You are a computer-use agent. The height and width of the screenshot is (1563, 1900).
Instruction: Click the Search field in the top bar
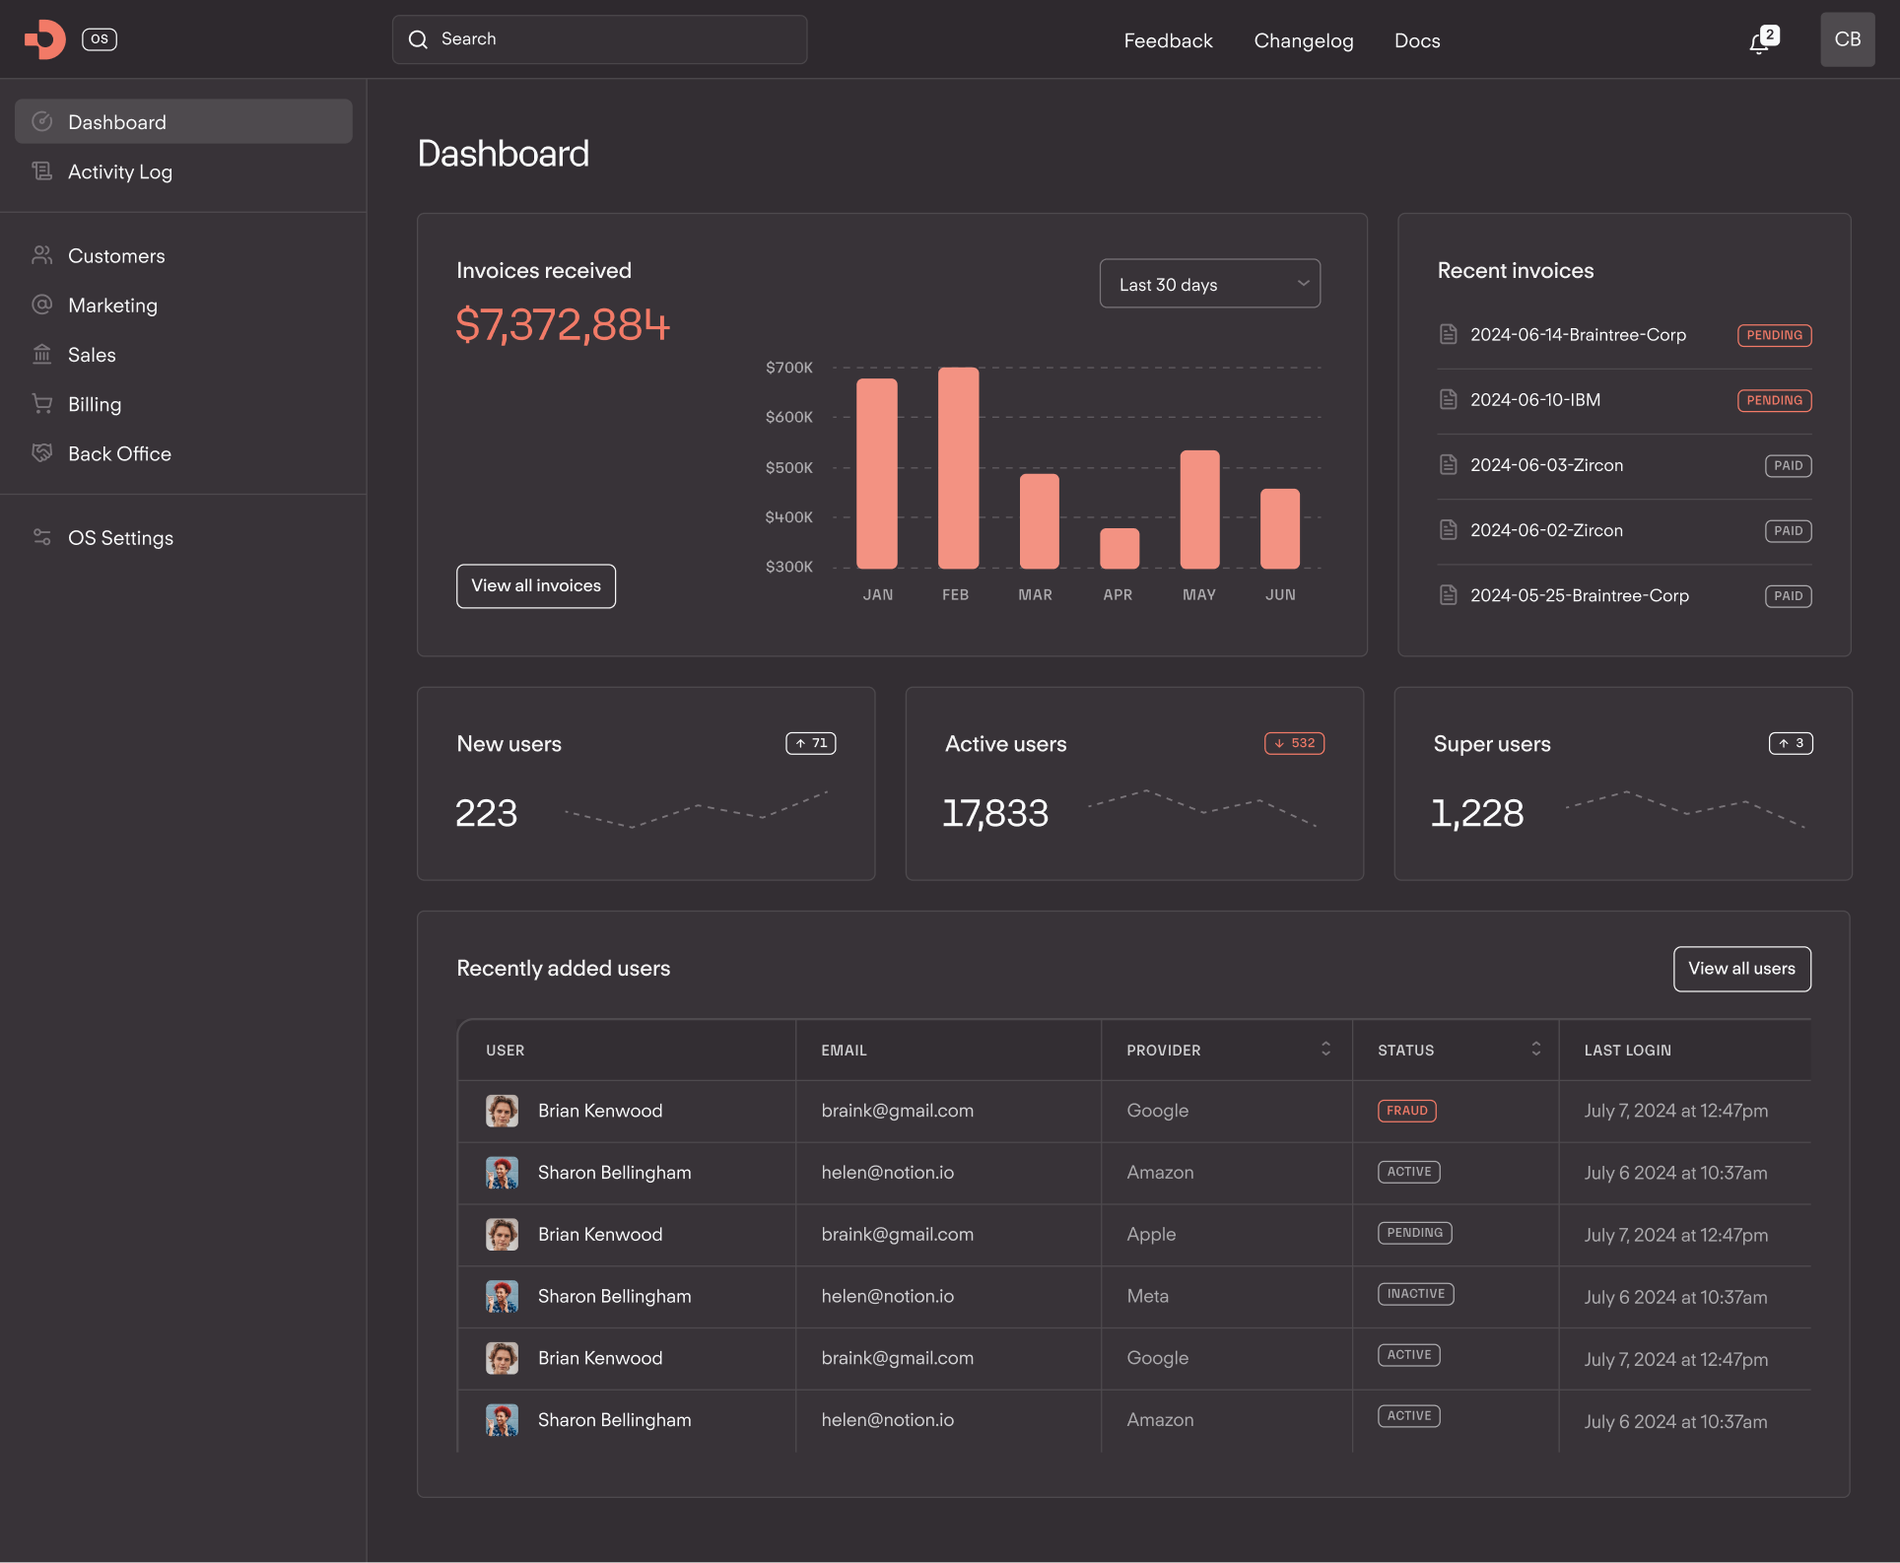pyautogui.click(x=599, y=39)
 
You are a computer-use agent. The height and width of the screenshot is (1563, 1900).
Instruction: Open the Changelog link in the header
pyautogui.click(x=1303, y=40)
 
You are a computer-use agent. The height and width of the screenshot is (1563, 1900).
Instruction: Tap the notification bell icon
pyautogui.click(x=1760, y=41)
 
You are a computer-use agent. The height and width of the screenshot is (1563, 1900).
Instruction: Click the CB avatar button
pyautogui.click(x=1847, y=39)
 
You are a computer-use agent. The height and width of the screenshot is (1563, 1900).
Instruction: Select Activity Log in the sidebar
pyautogui.click(x=119, y=171)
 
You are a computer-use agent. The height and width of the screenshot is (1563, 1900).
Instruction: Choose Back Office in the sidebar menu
pyautogui.click(x=119, y=453)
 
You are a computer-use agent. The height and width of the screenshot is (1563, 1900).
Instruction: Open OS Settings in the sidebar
pyautogui.click(x=120, y=538)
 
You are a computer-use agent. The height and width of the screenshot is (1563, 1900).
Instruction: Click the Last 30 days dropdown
pyautogui.click(x=1209, y=284)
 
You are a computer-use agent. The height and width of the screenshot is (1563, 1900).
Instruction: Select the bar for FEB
pyautogui.click(x=958, y=468)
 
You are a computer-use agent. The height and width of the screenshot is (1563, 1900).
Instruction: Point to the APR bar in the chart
pyautogui.click(x=1119, y=549)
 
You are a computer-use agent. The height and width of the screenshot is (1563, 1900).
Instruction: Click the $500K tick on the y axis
pyautogui.click(x=788, y=467)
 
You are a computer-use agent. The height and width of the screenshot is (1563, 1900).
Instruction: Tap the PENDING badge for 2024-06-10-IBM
pyautogui.click(x=1774, y=400)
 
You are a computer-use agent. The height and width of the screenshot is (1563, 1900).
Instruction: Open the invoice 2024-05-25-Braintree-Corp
pyautogui.click(x=1579, y=595)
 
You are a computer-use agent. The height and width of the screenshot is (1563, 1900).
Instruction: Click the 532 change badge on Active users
pyautogui.click(x=1294, y=743)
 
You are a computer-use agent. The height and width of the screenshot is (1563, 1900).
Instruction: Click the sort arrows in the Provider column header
pyautogui.click(x=1325, y=1049)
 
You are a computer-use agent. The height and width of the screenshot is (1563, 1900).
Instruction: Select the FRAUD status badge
pyautogui.click(x=1406, y=1111)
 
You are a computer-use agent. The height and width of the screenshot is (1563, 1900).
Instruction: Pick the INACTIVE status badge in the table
pyautogui.click(x=1415, y=1294)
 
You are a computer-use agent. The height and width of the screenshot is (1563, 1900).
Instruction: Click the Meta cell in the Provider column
pyautogui.click(x=1147, y=1296)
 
